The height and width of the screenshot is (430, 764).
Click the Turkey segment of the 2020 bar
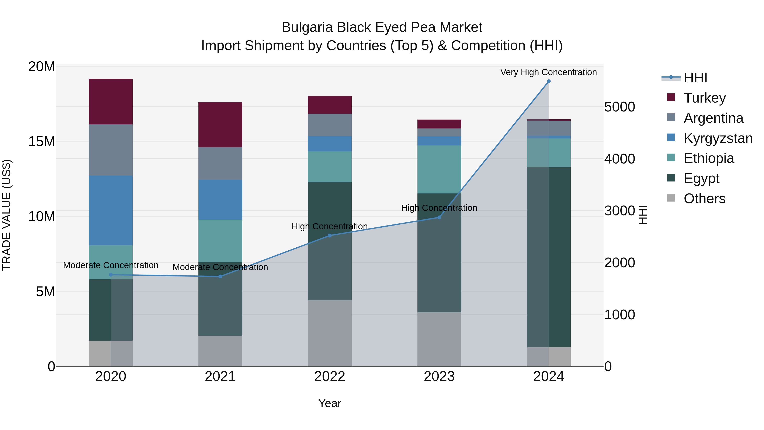tap(111, 102)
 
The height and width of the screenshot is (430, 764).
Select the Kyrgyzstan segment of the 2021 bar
tap(220, 200)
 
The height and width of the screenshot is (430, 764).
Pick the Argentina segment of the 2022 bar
tap(330, 125)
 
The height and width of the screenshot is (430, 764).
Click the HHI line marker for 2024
tap(548, 81)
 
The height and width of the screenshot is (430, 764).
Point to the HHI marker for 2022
tap(330, 236)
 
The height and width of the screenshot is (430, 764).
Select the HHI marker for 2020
tap(111, 275)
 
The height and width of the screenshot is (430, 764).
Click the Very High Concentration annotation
tap(548, 72)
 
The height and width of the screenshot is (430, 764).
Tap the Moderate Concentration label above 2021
tap(220, 267)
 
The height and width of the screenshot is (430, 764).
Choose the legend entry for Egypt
tap(701, 178)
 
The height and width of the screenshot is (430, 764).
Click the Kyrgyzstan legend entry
tap(718, 138)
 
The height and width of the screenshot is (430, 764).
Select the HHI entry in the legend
tap(695, 78)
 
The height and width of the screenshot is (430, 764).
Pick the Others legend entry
tap(704, 199)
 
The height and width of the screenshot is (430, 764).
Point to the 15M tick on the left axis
tap(42, 142)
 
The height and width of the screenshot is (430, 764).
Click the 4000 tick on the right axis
tap(619, 159)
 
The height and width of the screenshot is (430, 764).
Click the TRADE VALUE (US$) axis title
tap(7, 215)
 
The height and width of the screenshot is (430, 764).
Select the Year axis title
tap(330, 403)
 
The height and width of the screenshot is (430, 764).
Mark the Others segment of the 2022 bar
tap(330, 333)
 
